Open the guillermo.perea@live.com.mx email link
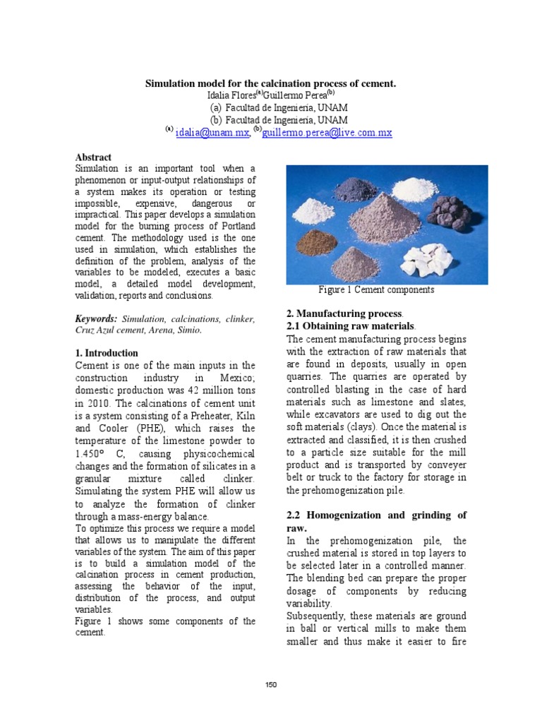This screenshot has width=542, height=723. [327, 132]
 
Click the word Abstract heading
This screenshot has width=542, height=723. [93, 157]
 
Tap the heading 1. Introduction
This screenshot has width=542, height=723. [107, 352]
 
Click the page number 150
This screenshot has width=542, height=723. [271, 686]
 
